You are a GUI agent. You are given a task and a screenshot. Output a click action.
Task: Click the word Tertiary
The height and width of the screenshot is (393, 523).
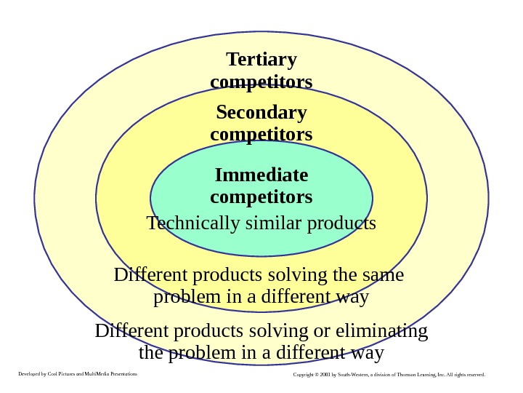pyautogui.click(x=261, y=59)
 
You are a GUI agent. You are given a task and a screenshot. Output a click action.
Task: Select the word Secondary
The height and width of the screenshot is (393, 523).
pyautogui.click(x=261, y=113)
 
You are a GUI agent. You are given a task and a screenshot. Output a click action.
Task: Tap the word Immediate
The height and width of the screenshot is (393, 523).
pyautogui.click(x=261, y=175)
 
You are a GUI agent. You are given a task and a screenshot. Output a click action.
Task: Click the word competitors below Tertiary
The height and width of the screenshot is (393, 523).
pyautogui.click(x=261, y=81)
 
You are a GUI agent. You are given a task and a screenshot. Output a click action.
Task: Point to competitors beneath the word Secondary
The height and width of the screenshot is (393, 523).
pyautogui.click(x=261, y=135)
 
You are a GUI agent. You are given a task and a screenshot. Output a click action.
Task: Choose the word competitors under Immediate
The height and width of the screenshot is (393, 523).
pyautogui.click(x=261, y=197)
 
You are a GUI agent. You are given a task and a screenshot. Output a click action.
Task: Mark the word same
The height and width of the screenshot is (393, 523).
pyautogui.click(x=384, y=276)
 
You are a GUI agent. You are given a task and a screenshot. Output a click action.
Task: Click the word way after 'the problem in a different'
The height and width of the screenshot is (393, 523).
pyautogui.click(x=365, y=354)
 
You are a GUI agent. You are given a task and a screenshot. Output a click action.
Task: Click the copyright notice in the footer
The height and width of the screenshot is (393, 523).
pyautogui.click(x=389, y=375)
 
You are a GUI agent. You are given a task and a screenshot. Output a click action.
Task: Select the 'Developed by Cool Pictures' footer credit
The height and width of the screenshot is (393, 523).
pyautogui.click(x=76, y=374)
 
